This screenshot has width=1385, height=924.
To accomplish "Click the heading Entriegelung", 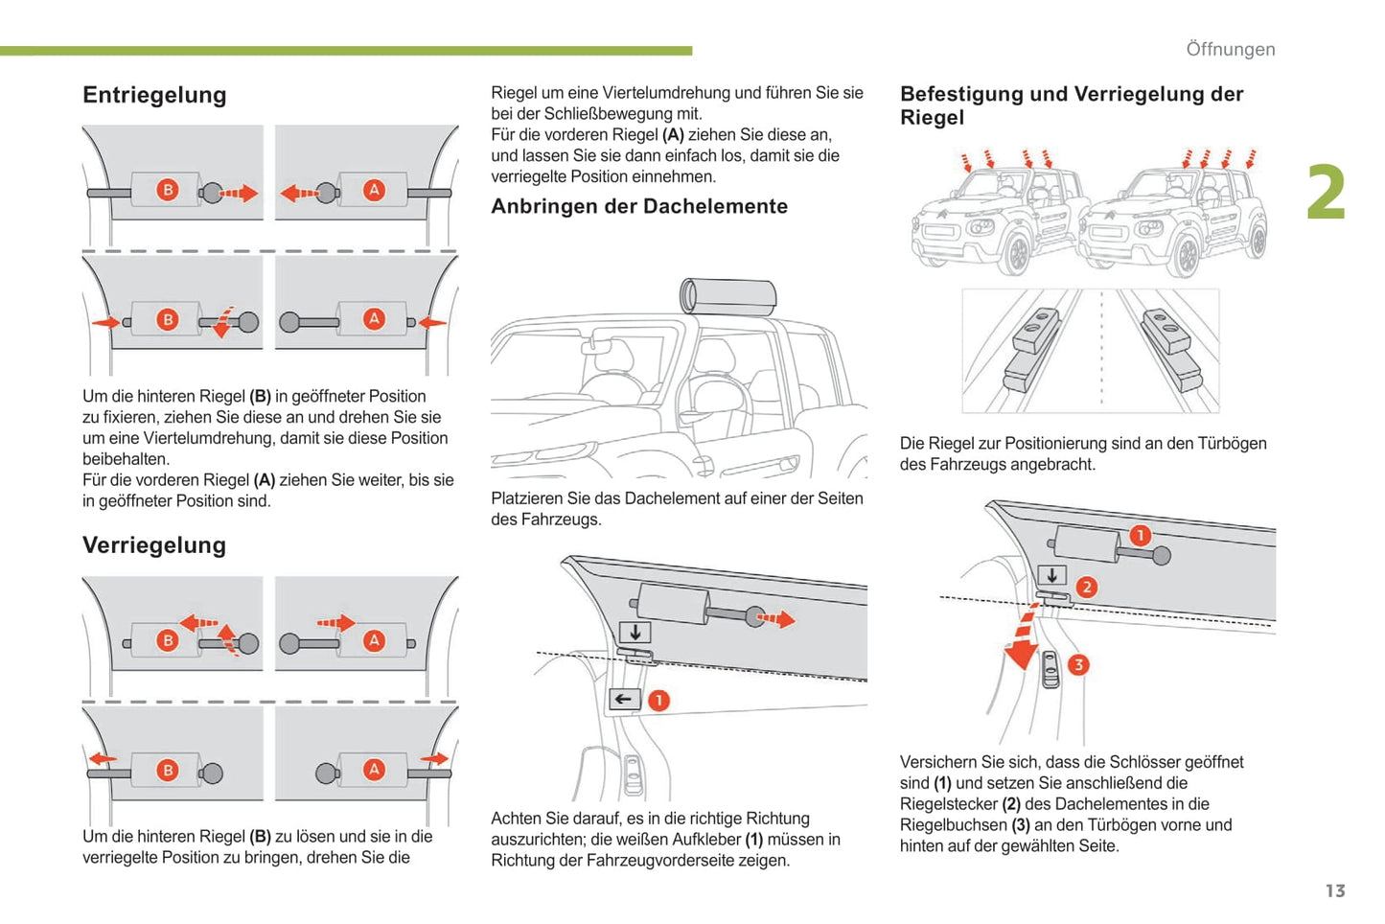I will click(x=154, y=95).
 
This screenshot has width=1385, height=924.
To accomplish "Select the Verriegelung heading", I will click(x=154, y=545).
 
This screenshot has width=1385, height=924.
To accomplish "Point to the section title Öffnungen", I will click(x=1230, y=49).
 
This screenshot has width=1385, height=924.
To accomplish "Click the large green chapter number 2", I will click(x=1327, y=194).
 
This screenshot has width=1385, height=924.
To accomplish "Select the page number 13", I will click(x=1334, y=890).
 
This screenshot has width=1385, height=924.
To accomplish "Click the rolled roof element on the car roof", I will click(x=728, y=296).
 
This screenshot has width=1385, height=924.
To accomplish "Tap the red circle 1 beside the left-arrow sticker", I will click(x=658, y=700).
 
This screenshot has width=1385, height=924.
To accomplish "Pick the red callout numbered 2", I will click(x=1086, y=587).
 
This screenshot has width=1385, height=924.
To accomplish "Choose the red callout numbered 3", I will click(x=1078, y=664).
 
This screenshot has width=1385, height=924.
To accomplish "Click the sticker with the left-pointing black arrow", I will click(x=624, y=699).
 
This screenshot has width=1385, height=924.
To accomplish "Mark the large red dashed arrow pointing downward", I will click(x=1023, y=637).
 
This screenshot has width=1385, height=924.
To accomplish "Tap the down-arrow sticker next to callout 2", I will click(x=1052, y=576).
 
